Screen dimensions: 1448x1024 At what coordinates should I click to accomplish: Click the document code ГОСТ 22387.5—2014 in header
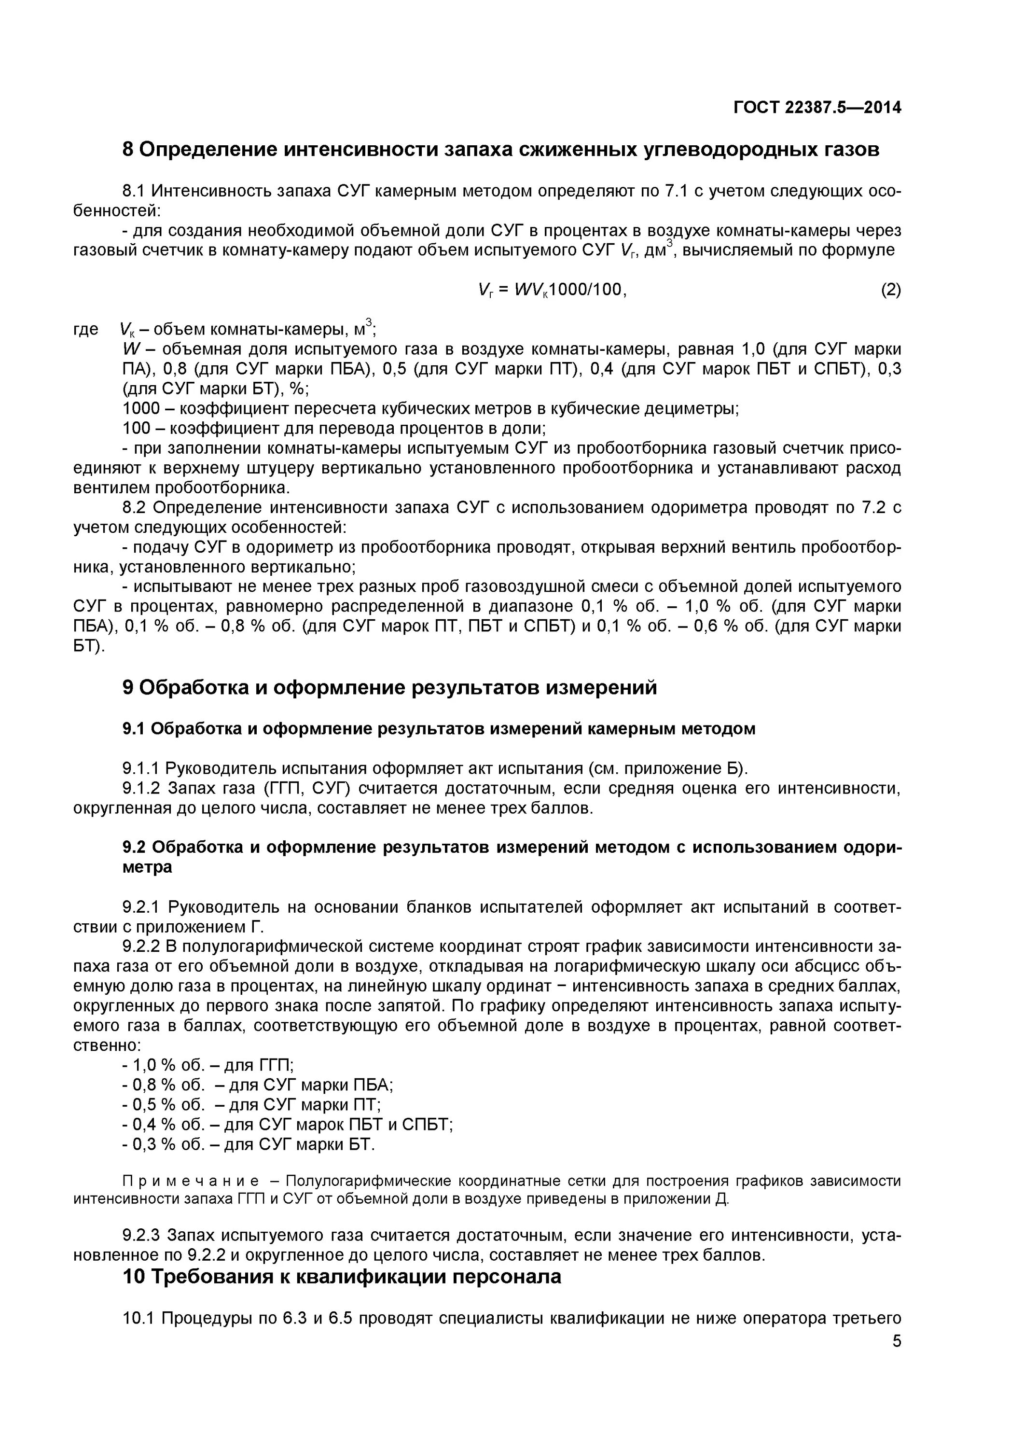click(817, 108)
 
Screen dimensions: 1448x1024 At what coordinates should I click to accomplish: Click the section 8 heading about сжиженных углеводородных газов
click(500, 150)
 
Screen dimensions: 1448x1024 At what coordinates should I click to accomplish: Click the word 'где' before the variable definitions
click(86, 329)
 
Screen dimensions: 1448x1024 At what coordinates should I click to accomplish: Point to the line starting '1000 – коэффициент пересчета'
click(430, 409)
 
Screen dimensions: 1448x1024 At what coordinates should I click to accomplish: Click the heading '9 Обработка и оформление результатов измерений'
click(389, 687)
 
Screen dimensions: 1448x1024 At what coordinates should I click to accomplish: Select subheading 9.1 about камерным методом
click(438, 729)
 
